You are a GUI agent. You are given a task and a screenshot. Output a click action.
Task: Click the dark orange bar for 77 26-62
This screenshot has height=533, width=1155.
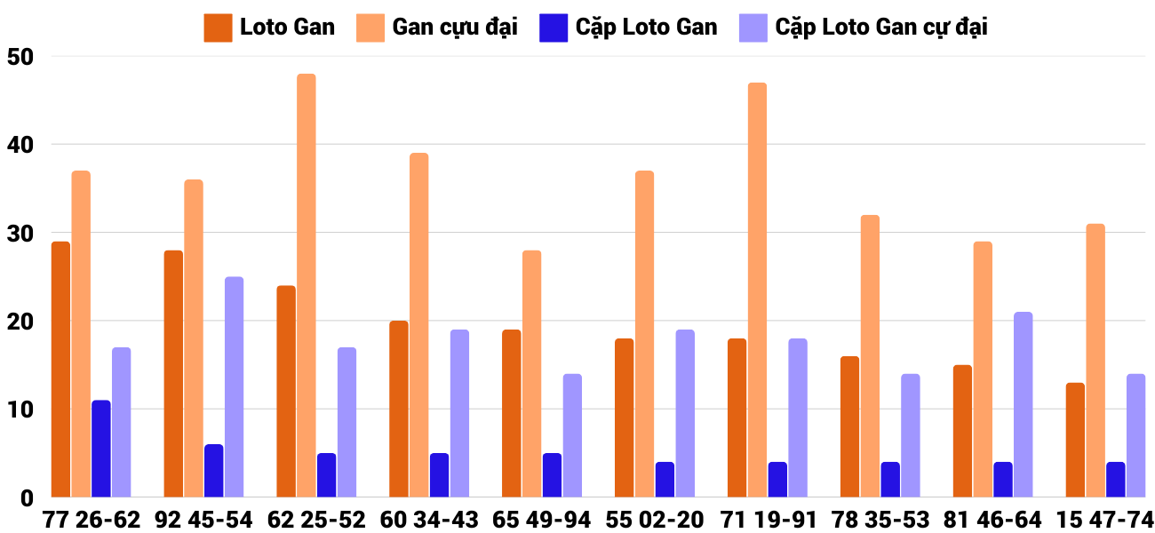tap(60, 369)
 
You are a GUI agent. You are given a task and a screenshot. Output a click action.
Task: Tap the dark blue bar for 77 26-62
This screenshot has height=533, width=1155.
tap(101, 449)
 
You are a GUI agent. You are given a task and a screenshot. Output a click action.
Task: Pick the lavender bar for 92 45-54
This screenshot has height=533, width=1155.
tap(234, 386)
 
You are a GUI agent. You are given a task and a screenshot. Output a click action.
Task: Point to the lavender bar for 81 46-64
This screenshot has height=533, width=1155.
tap(1023, 404)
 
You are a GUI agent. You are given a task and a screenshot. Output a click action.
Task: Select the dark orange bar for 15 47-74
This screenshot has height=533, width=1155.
tap(1075, 440)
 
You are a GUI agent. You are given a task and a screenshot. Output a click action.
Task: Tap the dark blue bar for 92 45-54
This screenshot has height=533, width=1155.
tap(214, 471)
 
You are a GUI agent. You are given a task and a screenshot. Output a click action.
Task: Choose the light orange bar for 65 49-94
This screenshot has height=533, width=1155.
tap(531, 373)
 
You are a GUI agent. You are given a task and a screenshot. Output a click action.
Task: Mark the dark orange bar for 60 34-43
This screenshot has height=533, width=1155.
tap(399, 409)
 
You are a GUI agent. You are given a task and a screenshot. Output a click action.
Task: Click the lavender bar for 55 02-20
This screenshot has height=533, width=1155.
tap(685, 413)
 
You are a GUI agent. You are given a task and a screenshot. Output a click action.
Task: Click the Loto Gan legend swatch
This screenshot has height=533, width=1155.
tap(218, 28)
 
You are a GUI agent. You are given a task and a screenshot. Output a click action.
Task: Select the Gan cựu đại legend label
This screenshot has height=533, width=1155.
tap(455, 28)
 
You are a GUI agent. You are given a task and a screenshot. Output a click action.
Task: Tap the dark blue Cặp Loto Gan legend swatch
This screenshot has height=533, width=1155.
tap(553, 28)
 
